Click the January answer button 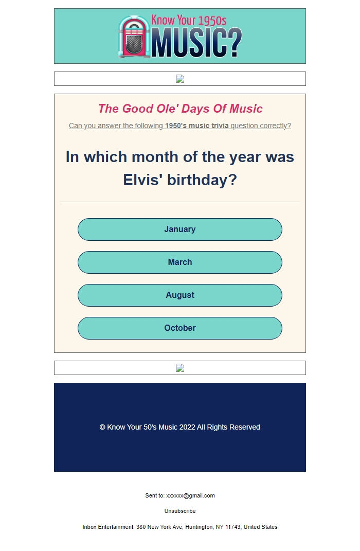click(180, 229)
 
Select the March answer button click(180, 262)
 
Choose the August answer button click(180, 295)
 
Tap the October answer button click(180, 328)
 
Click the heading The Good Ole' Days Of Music click(180, 109)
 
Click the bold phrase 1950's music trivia click(197, 126)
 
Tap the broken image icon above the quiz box click(180, 79)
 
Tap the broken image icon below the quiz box click(180, 368)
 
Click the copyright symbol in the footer click(102, 428)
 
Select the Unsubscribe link click(180, 511)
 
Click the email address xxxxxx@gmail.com click(190, 496)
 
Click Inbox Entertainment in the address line click(108, 527)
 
